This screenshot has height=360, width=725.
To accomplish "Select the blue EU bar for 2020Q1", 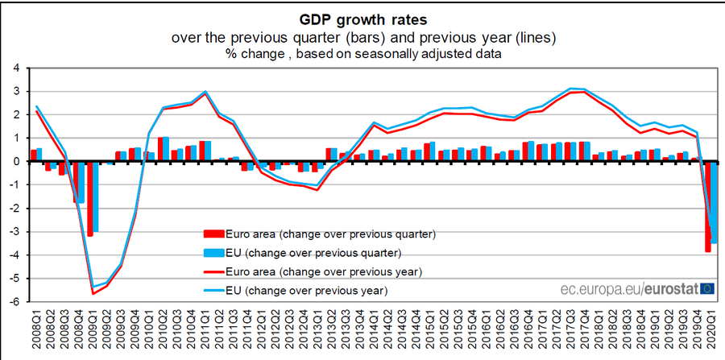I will [x=714, y=201].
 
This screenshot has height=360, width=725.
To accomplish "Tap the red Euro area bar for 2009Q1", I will [x=90, y=198].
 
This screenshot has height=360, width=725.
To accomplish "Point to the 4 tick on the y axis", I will [x=15, y=68].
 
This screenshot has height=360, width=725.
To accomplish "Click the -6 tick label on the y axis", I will [x=14, y=302].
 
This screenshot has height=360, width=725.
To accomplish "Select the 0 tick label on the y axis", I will [x=15, y=161].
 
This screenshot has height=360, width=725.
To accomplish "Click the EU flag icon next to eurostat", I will [x=707, y=288].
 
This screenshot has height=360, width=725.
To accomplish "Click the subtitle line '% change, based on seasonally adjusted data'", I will [x=362, y=54].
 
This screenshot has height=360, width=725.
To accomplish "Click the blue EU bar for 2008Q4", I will [x=81, y=182].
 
